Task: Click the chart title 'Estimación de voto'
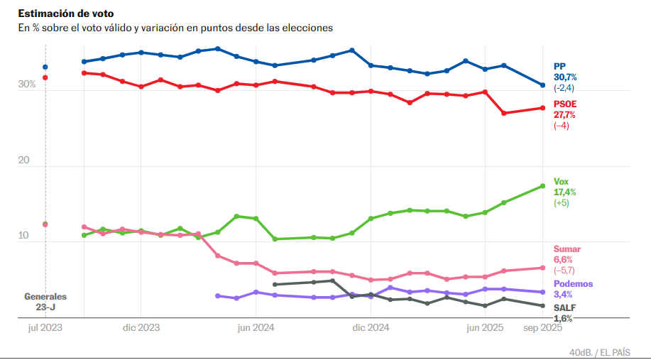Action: click(65, 13)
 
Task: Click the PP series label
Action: click(559, 66)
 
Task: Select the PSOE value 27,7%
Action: click(564, 114)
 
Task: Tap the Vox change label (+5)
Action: click(561, 203)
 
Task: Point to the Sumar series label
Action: click(567, 249)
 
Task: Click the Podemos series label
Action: click(572, 284)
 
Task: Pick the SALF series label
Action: click(564, 307)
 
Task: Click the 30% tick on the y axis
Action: click(27, 84)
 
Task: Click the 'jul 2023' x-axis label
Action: click(45, 328)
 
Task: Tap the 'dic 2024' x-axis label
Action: click(370, 328)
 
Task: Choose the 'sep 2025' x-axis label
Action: click(542, 328)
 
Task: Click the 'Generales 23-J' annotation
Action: click(45, 302)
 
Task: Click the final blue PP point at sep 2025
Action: click(542, 85)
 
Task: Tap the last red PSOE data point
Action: click(542, 108)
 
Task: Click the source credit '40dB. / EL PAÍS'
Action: click(599, 352)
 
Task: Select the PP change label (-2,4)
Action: click(564, 87)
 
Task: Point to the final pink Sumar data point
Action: click(542, 268)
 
